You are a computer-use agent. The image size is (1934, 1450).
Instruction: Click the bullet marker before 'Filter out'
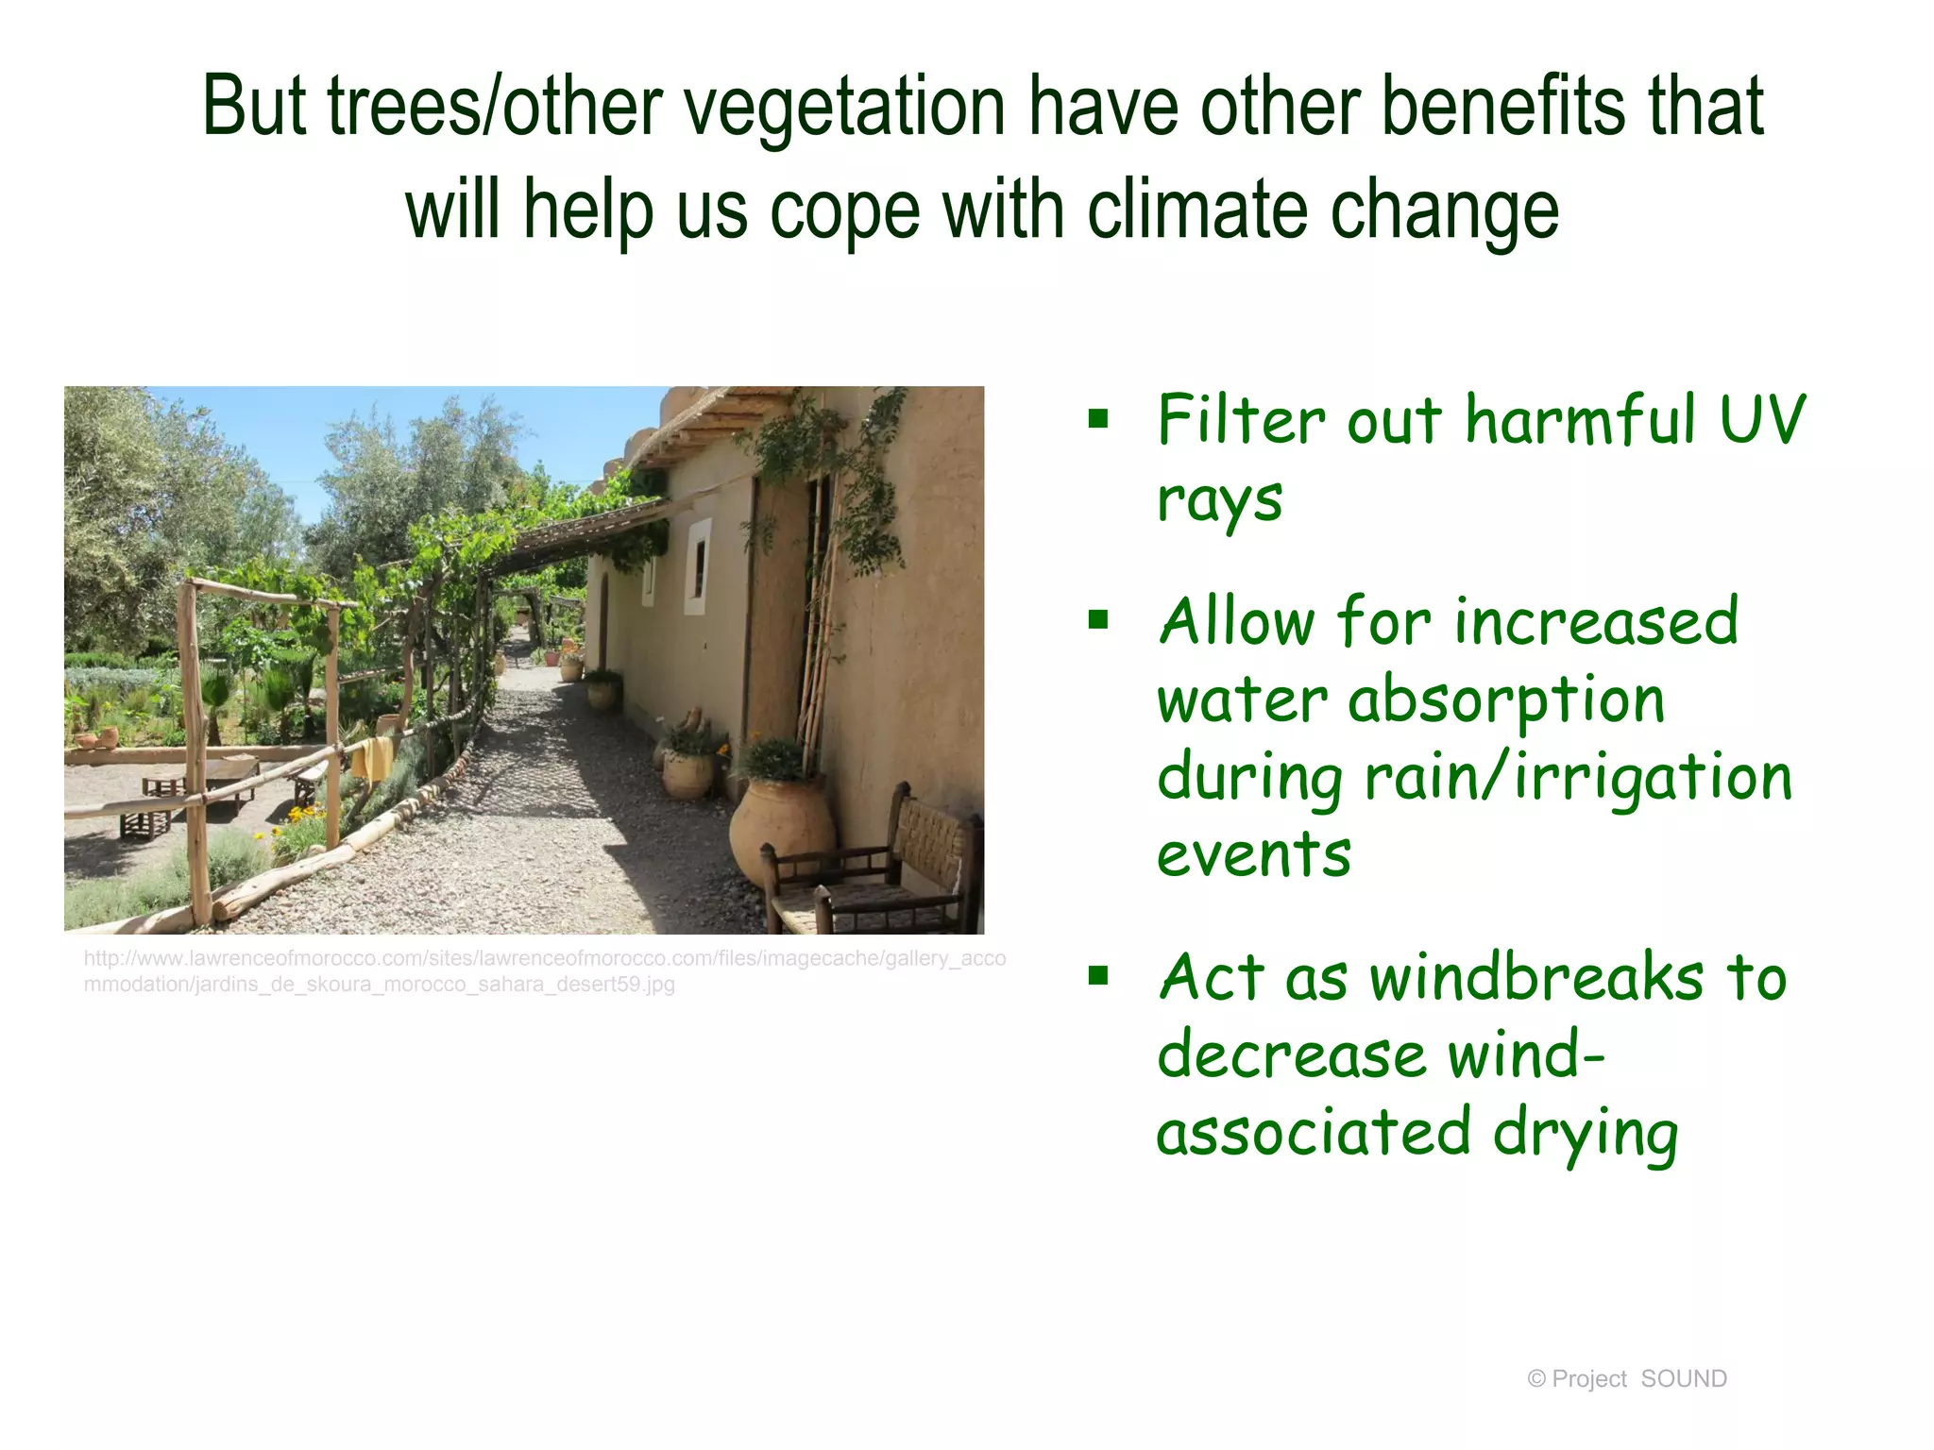click(x=1097, y=418)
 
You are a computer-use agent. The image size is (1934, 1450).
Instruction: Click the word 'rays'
click(x=1219, y=500)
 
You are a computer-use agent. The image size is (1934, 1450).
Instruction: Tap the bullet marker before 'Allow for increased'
click(x=1097, y=620)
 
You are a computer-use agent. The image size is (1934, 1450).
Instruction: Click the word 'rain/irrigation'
click(x=1577, y=778)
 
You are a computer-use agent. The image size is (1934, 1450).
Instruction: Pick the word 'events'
click(x=1253, y=854)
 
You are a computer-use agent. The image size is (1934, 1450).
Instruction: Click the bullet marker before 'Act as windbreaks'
click(x=1097, y=975)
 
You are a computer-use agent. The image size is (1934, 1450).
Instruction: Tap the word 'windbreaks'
click(x=1536, y=978)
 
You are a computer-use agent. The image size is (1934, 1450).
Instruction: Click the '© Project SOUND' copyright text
click(x=1626, y=1379)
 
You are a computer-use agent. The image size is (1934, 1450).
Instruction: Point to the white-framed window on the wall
click(x=698, y=566)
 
